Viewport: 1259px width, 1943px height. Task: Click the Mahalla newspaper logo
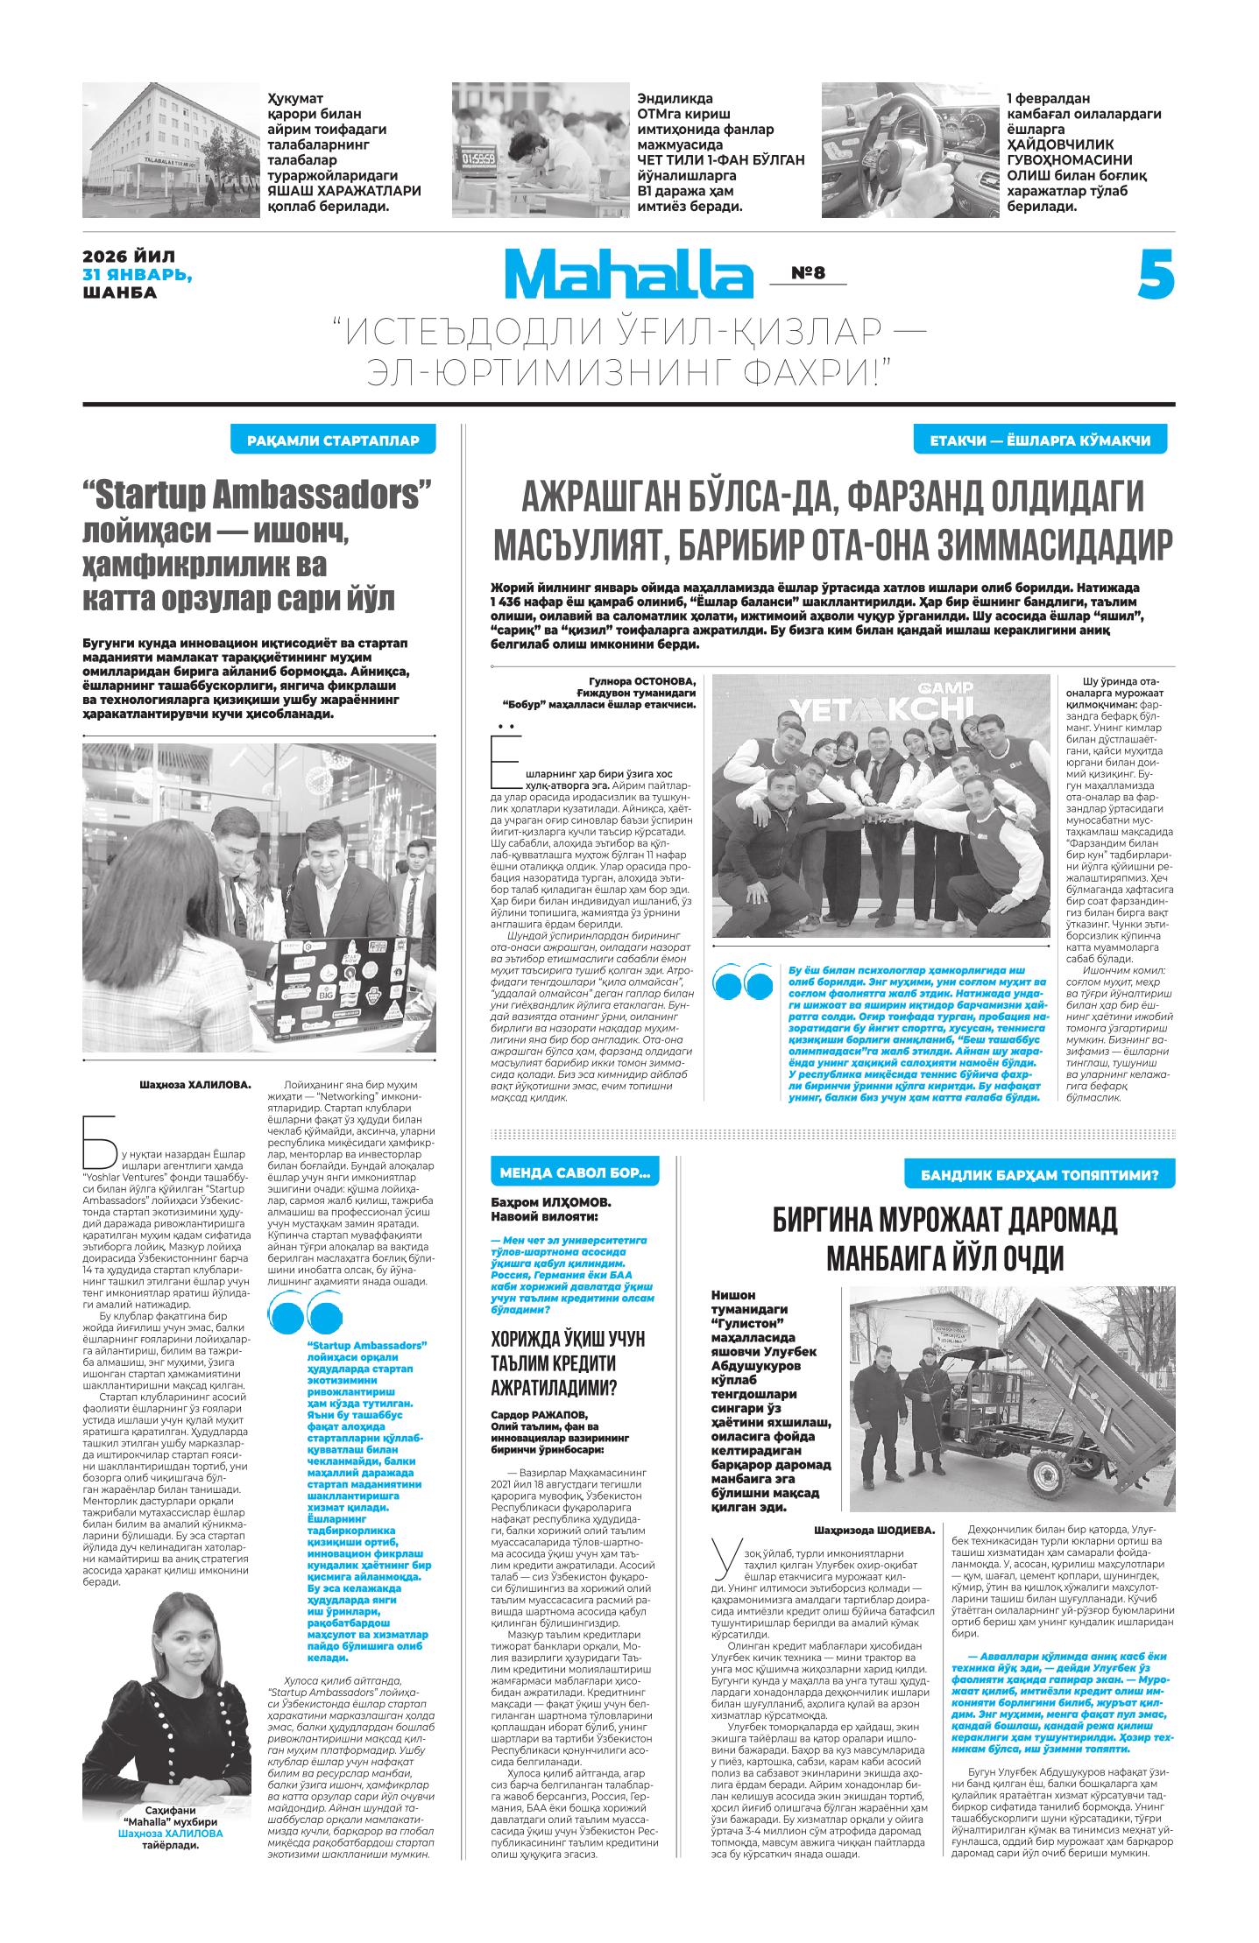pyautogui.click(x=627, y=274)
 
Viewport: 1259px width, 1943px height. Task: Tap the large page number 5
pyautogui.click(x=1156, y=274)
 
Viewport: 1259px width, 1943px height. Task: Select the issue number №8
pyautogui.click(x=808, y=273)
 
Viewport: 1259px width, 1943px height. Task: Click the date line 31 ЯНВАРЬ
pyautogui.click(x=137, y=274)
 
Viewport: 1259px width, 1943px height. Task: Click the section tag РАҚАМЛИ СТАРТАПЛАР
pyautogui.click(x=333, y=440)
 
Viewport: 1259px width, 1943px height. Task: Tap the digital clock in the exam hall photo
pyautogui.click(x=478, y=158)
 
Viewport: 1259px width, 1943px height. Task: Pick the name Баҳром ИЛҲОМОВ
pyautogui.click(x=550, y=1201)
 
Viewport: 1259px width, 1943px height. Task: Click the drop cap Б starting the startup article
pyautogui.click(x=99, y=1142)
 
